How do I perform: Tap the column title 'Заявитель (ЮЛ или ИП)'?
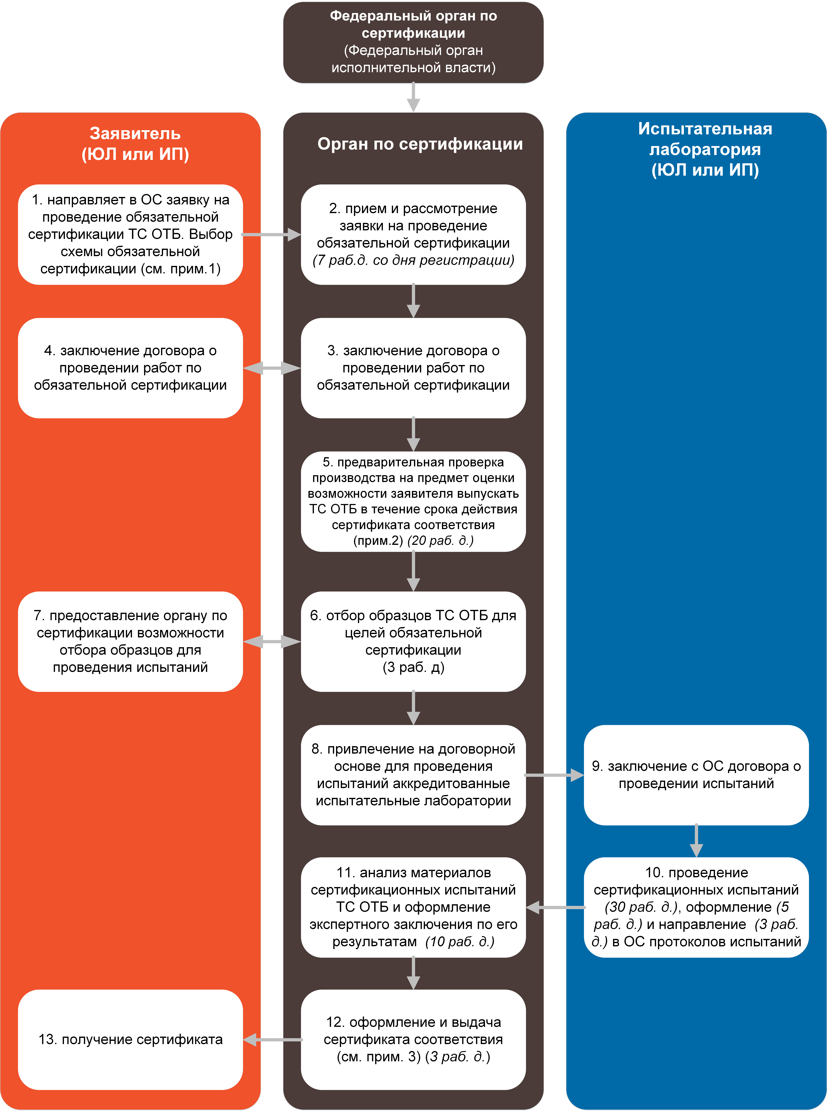pyautogui.click(x=135, y=144)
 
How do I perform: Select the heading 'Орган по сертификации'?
pyautogui.click(x=420, y=144)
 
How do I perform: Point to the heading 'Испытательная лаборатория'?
pyautogui.click(x=705, y=139)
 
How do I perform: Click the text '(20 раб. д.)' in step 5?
pyautogui.click(x=441, y=541)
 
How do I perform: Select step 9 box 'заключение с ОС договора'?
pyautogui.click(x=696, y=775)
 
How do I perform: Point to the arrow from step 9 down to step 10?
pyautogui.click(x=696, y=841)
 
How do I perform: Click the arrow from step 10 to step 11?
pyautogui.click(x=555, y=907)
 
